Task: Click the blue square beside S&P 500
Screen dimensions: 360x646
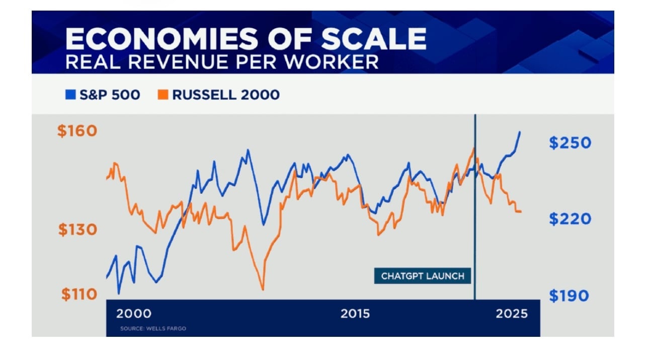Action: click(x=70, y=94)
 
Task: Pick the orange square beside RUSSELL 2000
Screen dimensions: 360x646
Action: click(x=163, y=94)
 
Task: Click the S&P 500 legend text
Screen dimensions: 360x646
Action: click(x=110, y=95)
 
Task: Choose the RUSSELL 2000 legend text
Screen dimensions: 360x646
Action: click(x=226, y=95)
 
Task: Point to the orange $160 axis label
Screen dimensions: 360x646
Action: click(x=77, y=131)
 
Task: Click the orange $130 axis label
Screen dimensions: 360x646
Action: click(x=77, y=230)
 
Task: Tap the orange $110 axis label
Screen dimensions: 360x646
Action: click(x=79, y=294)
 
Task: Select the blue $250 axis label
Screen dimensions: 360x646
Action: click(x=570, y=142)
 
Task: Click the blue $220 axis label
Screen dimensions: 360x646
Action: click(x=570, y=219)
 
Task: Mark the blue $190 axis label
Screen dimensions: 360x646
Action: click(x=569, y=296)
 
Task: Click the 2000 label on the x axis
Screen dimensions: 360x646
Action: click(x=134, y=314)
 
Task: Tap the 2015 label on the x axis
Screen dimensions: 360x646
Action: click(x=355, y=314)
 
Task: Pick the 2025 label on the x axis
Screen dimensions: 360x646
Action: click(x=512, y=314)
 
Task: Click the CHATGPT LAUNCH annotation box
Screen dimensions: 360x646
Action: click(x=423, y=276)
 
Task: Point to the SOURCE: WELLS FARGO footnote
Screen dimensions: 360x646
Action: click(x=153, y=329)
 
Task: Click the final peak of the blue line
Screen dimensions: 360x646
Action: click(x=520, y=132)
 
